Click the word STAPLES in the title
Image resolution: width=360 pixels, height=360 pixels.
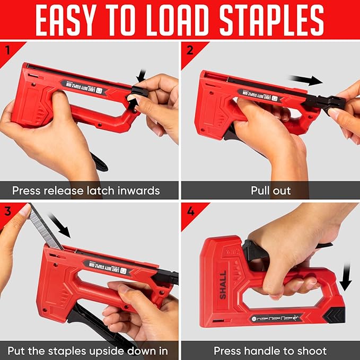(x=268, y=21)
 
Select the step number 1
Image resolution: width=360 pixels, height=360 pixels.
(x=7, y=51)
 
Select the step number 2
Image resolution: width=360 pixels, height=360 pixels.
(x=189, y=51)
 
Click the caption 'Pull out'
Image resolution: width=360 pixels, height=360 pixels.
(x=270, y=190)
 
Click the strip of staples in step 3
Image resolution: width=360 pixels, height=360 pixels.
(x=43, y=226)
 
